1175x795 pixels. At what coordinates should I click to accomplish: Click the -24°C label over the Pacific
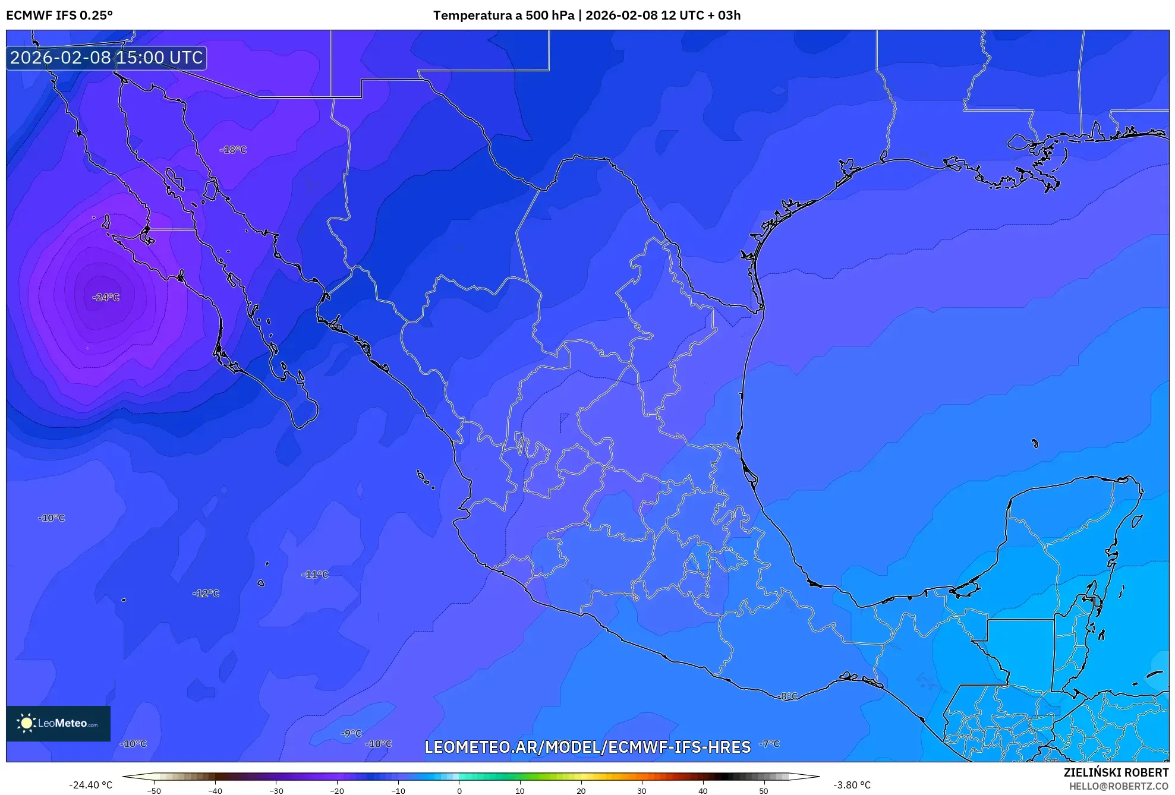pyautogui.click(x=106, y=297)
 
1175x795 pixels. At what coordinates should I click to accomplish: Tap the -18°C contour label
pyautogui.click(x=233, y=150)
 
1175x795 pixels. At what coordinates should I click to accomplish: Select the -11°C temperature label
pyautogui.click(x=315, y=575)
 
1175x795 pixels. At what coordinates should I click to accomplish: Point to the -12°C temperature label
pyautogui.click(x=206, y=594)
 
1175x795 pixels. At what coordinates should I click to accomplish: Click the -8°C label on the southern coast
pyautogui.click(x=788, y=696)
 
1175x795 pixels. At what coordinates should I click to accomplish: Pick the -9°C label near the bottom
pyautogui.click(x=351, y=734)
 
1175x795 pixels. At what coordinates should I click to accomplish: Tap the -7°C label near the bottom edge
pyautogui.click(x=769, y=744)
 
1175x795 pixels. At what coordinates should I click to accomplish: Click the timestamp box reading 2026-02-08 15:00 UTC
pyautogui.click(x=106, y=58)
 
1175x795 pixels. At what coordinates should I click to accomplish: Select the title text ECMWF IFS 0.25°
pyautogui.click(x=59, y=15)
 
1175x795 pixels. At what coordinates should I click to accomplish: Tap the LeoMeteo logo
pyautogui.click(x=58, y=723)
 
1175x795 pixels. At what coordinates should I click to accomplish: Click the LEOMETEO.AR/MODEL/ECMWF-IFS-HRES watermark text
pyautogui.click(x=587, y=747)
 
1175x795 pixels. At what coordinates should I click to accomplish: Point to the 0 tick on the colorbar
pyautogui.click(x=459, y=791)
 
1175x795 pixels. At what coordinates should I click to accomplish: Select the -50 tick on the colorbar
pyautogui.click(x=154, y=791)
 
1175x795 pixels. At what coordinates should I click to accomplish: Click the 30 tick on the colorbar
pyautogui.click(x=642, y=791)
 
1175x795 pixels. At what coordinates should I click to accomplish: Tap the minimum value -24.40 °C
pyautogui.click(x=90, y=785)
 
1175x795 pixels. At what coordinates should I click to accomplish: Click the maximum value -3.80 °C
pyautogui.click(x=852, y=785)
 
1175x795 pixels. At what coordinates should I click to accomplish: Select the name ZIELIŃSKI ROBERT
pyautogui.click(x=1116, y=772)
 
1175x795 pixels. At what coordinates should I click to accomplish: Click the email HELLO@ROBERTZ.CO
pyautogui.click(x=1119, y=786)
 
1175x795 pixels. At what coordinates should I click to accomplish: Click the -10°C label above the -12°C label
pyautogui.click(x=52, y=518)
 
